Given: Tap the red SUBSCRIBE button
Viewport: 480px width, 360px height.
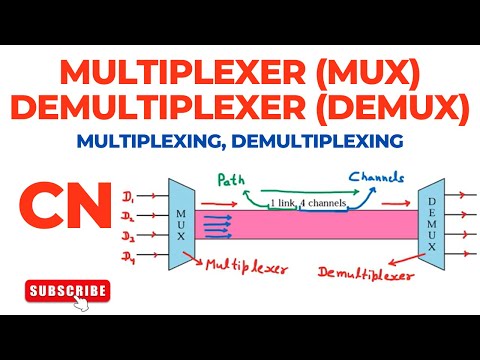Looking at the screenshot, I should pyautogui.click(x=66, y=290).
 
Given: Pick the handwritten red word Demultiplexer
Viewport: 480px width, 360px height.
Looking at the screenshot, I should pyautogui.click(x=361, y=271).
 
